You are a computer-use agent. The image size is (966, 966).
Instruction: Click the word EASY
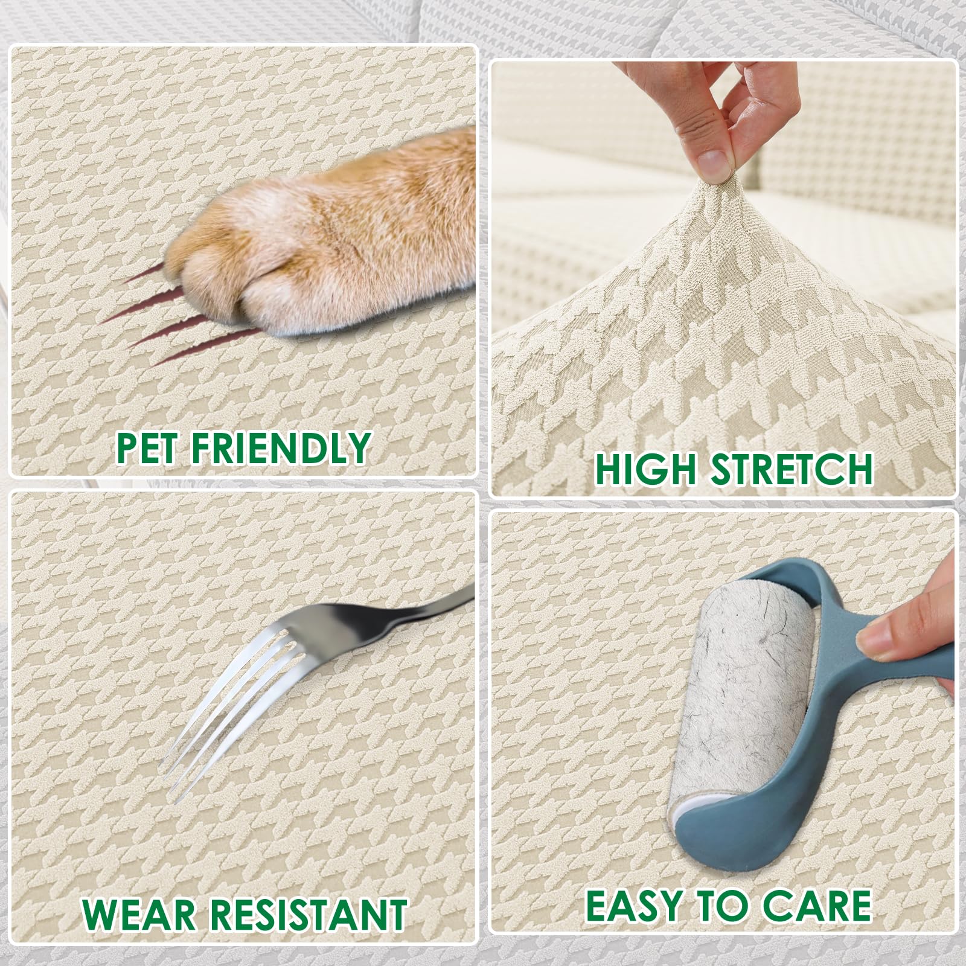pos(642,905)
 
